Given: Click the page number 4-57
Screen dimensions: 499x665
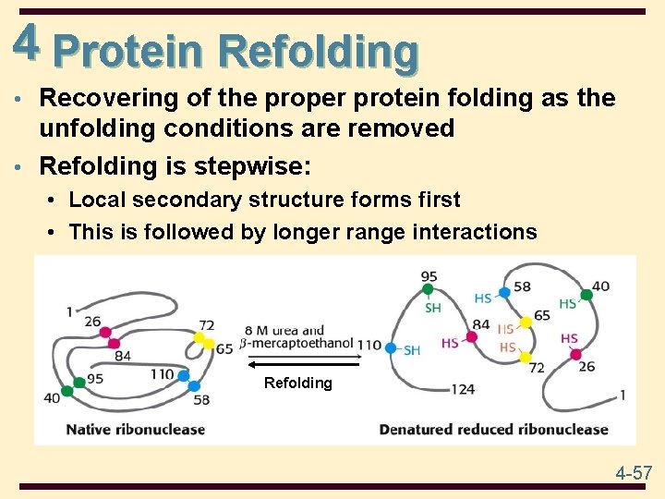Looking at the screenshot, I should (634, 473).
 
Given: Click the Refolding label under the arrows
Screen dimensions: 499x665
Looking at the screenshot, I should (297, 383).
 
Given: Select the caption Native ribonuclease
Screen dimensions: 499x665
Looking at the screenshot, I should (135, 429).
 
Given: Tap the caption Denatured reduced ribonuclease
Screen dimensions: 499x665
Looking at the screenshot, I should (493, 429).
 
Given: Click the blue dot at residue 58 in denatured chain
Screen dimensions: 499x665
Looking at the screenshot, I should (504, 292).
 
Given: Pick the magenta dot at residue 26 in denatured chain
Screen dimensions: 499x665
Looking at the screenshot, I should (575, 354).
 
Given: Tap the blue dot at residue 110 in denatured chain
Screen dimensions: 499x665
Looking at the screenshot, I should (391, 348).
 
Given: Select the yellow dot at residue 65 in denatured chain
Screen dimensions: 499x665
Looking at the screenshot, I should (526, 321).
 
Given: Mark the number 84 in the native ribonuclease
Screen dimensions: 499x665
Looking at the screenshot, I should (123, 355).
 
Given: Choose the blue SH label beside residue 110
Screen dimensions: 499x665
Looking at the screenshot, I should (412, 349).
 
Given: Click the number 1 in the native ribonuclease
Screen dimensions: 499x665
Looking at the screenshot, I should (68, 312).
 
